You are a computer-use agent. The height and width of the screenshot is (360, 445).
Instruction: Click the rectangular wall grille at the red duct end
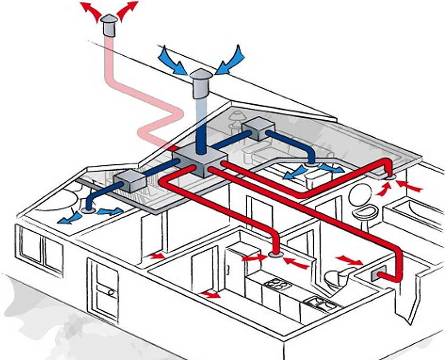380,275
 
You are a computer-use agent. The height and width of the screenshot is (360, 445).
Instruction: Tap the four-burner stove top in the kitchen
275,284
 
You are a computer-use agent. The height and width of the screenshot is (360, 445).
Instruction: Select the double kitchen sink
322,304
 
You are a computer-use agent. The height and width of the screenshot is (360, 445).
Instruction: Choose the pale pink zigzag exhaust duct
143,101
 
